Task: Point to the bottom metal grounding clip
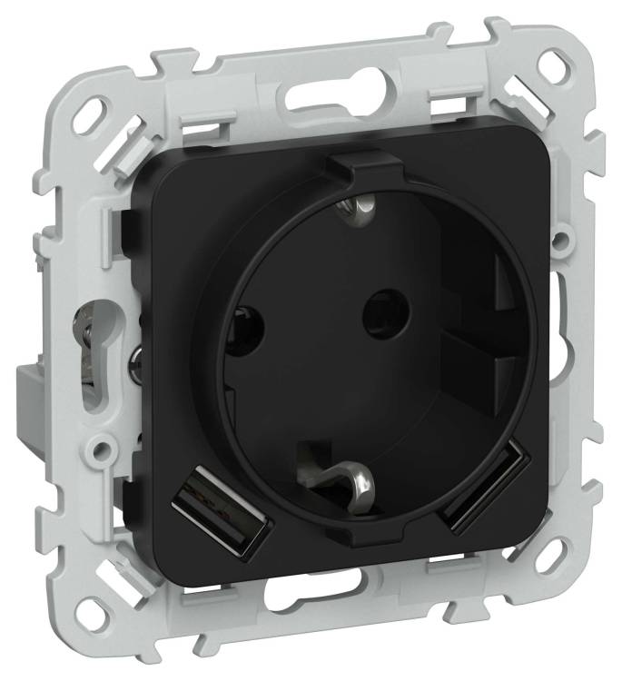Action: (349, 473)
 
